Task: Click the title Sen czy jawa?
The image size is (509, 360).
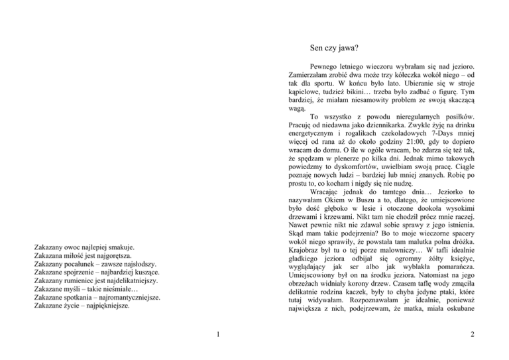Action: click(334, 48)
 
